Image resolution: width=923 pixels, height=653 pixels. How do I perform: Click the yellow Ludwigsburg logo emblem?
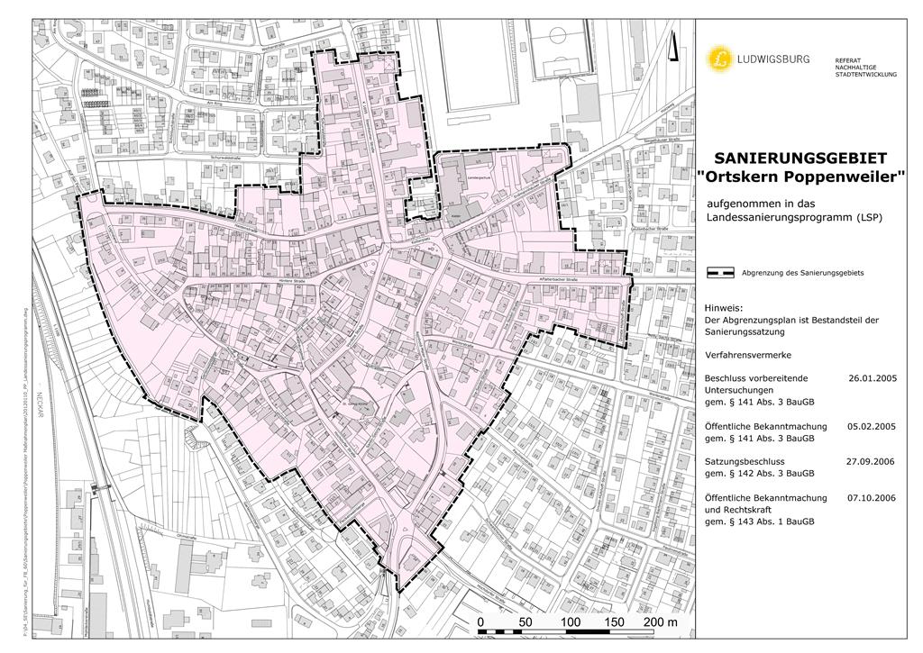[x=720, y=59]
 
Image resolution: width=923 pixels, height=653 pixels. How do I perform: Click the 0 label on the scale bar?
[x=481, y=622]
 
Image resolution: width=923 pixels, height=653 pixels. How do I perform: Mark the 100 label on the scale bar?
[x=570, y=622]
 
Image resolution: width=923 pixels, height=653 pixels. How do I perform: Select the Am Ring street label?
[x=215, y=104]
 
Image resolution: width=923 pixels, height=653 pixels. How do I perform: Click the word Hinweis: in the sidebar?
[x=723, y=306]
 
